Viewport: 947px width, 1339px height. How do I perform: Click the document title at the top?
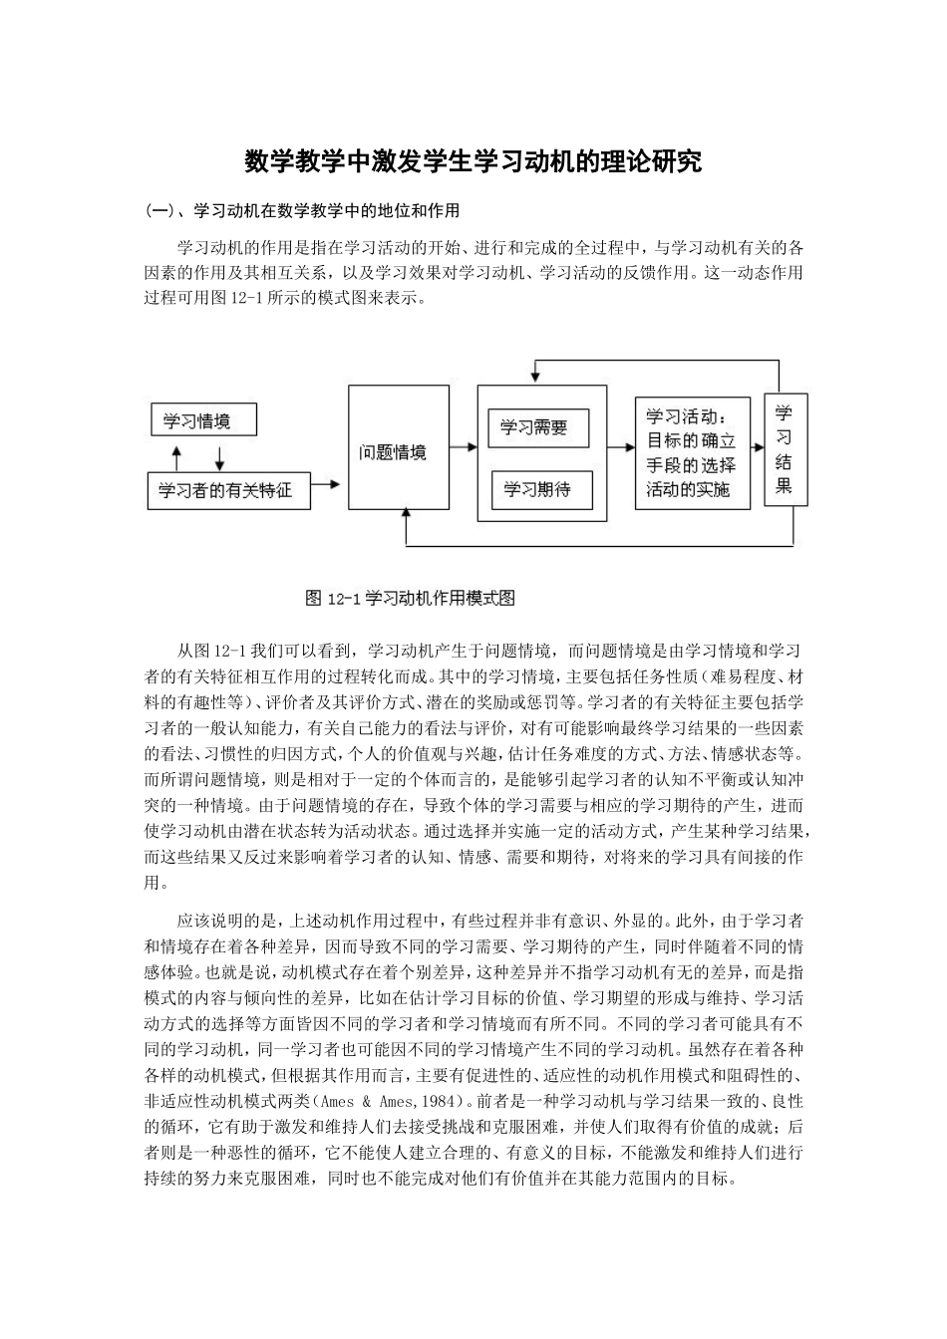[x=473, y=161]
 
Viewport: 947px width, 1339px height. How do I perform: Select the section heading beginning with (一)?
[x=302, y=211]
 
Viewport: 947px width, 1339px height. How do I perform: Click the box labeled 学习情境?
[x=203, y=420]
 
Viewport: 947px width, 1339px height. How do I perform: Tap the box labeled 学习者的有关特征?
[x=226, y=490]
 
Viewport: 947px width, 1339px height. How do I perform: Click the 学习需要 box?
[x=539, y=428]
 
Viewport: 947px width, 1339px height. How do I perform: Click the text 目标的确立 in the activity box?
[x=691, y=441]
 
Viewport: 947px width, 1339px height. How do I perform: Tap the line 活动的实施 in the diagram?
[x=689, y=490]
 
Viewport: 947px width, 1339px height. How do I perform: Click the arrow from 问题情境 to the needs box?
[x=462, y=450]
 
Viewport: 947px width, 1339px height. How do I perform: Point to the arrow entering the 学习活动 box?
[x=621, y=450]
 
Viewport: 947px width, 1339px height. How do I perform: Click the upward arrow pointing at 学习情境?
[x=176, y=457]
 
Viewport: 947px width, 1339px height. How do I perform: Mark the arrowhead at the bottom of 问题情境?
[x=405, y=515]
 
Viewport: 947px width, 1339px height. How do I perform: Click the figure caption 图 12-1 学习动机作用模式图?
[x=409, y=599]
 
